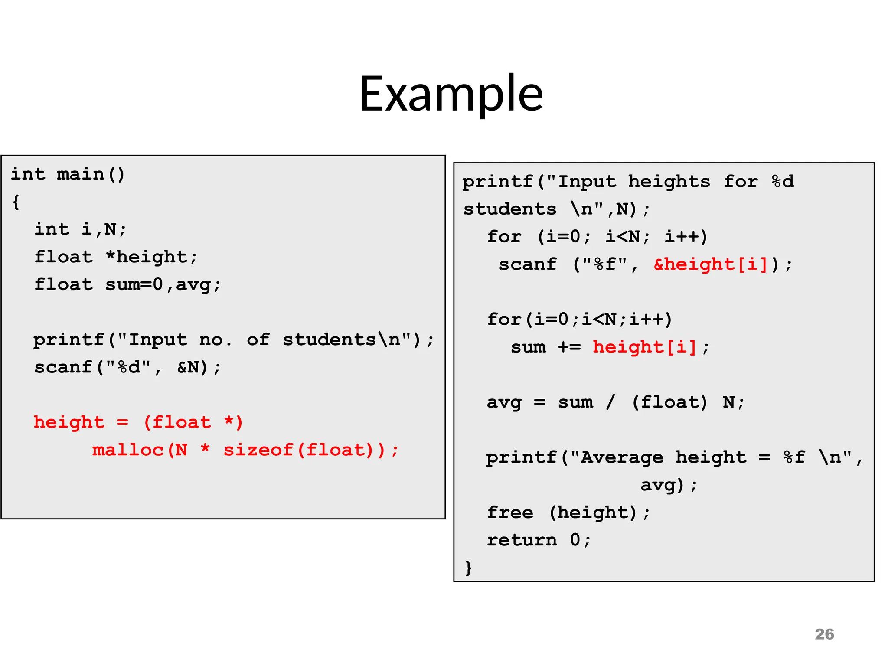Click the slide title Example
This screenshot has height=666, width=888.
click(451, 94)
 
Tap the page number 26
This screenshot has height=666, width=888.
click(824, 634)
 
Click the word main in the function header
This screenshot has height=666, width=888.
click(81, 174)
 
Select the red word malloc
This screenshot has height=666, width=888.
click(128, 450)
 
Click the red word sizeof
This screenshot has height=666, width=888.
click(258, 450)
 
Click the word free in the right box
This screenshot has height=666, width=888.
click(510, 513)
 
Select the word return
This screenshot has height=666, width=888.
click(522, 540)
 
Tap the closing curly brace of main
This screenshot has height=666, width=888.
click(468, 568)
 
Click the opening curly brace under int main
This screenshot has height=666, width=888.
click(16, 202)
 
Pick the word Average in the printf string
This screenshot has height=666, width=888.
click(622, 457)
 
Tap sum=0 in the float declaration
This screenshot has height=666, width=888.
click(134, 285)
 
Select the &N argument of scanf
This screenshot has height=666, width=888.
click(188, 368)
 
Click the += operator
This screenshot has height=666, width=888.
click(569, 347)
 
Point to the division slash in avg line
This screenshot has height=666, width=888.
click(610, 402)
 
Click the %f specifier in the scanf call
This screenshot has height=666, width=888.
click(605, 264)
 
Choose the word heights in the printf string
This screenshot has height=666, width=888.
click(669, 182)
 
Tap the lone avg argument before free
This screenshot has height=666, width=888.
click(657, 485)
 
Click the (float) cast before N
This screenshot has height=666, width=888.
click(669, 402)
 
